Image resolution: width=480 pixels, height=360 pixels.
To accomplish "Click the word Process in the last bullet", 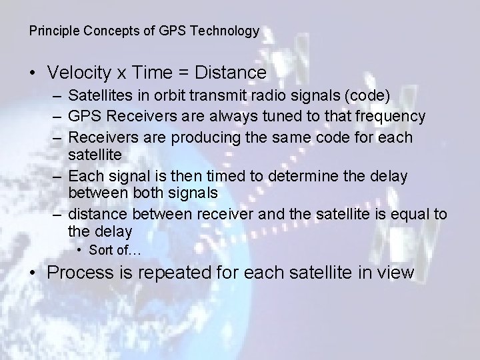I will point(83,273).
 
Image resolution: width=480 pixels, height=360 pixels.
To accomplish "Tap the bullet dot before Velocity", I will point(33,72).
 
